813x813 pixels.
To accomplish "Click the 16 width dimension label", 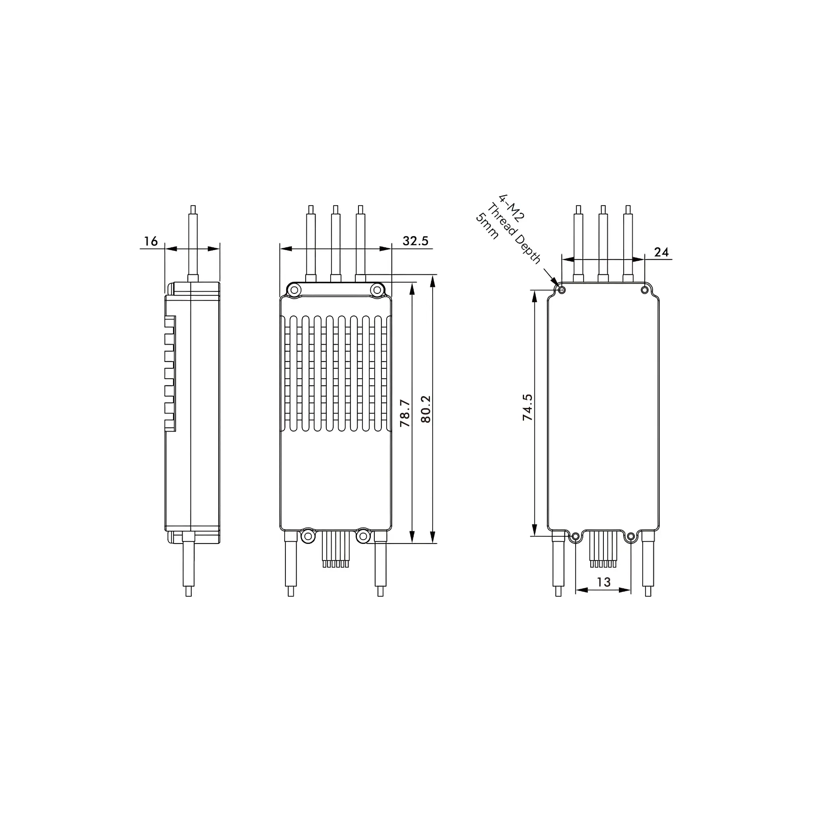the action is click(x=150, y=241).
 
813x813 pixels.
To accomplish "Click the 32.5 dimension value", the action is click(x=415, y=241).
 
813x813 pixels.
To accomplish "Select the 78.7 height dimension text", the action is click(x=405, y=413).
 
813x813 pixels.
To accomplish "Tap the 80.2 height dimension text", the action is click(x=426, y=409).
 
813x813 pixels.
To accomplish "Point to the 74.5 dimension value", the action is click(x=527, y=407).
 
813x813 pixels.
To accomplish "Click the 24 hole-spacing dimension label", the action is click(x=661, y=252).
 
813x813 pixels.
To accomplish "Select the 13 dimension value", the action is click(x=603, y=582).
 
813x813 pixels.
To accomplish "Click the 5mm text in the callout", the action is click(x=487, y=226).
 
